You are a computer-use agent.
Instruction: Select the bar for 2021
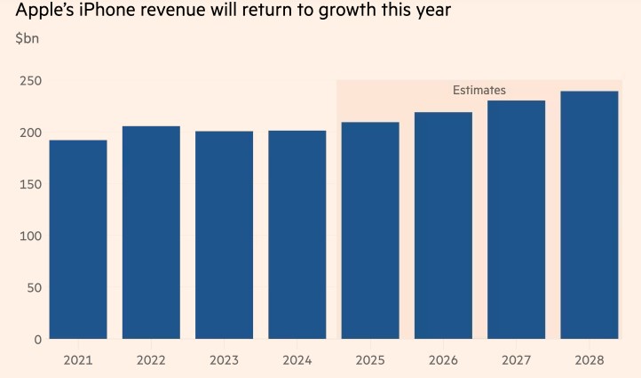pos(78,239)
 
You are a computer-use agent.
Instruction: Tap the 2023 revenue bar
pos(224,235)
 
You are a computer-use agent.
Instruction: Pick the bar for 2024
pos(297,235)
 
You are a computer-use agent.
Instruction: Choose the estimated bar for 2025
pos(370,230)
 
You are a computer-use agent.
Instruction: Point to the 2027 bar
pos(516,220)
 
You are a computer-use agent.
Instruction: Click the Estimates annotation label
pos(479,90)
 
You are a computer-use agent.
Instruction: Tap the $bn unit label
pos(28,39)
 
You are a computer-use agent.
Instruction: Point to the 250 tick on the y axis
pos(31,81)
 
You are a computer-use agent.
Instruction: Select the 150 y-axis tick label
pos(31,184)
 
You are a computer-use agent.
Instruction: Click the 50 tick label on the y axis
pos(35,287)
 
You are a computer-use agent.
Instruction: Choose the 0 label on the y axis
pos(38,339)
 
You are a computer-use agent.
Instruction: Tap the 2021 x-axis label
pos(78,360)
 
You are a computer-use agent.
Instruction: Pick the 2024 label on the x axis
pos(297,360)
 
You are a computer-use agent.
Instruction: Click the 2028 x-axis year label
pos(589,360)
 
